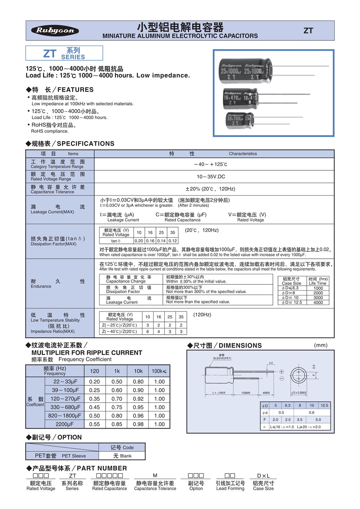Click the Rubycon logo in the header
coord(55,31)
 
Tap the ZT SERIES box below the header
coord(64,53)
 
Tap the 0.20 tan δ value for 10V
coord(139,241)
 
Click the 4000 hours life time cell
coord(318,303)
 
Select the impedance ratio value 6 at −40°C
coord(148,331)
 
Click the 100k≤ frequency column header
coord(159,371)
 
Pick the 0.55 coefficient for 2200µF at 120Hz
coord(95,424)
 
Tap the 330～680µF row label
coord(66,407)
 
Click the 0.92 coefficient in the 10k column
coord(138,399)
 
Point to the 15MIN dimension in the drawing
coord(246,393)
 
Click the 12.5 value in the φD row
coord(324,405)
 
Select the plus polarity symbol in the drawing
coord(281,372)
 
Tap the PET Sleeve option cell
coord(62,456)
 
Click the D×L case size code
coord(264,475)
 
